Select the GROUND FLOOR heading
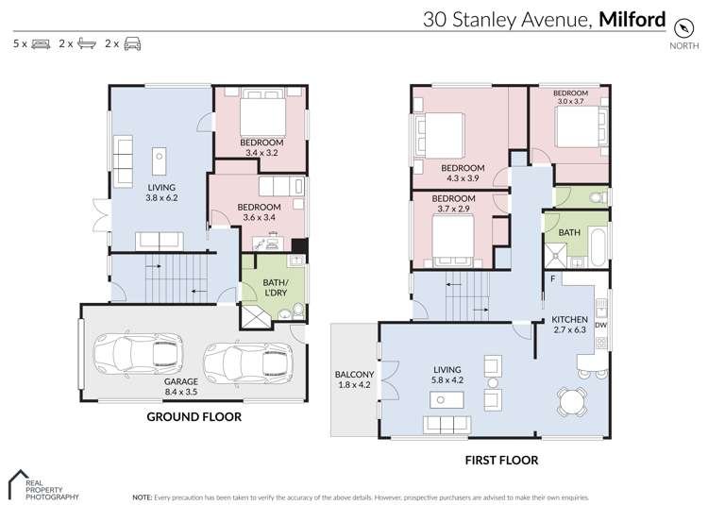click(193, 416)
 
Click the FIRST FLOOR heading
click(501, 460)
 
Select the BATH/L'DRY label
click(255, 287)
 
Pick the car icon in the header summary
click(132, 43)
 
